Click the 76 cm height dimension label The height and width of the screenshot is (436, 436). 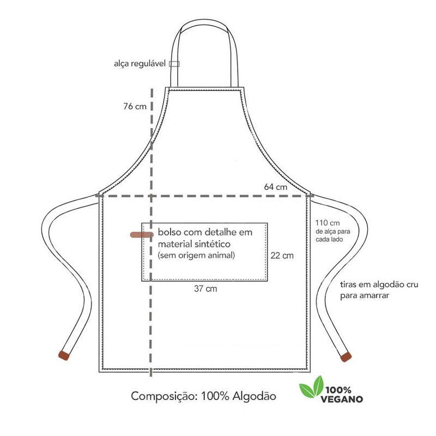click(x=135, y=107)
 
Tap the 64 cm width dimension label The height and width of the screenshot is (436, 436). click(x=275, y=187)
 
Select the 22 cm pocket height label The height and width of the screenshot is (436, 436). click(x=282, y=255)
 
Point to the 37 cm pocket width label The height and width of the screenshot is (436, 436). click(x=205, y=289)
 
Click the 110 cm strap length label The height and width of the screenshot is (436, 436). click(x=327, y=222)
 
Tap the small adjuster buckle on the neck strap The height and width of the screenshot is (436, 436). click(x=174, y=64)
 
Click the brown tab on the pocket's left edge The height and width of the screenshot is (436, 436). click(x=141, y=234)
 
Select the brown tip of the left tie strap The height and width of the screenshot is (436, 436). click(x=64, y=356)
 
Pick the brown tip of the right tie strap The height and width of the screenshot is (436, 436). click(x=344, y=358)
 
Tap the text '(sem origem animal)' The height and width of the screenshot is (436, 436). click(x=197, y=255)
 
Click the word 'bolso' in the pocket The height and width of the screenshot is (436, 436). click(x=169, y=232)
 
